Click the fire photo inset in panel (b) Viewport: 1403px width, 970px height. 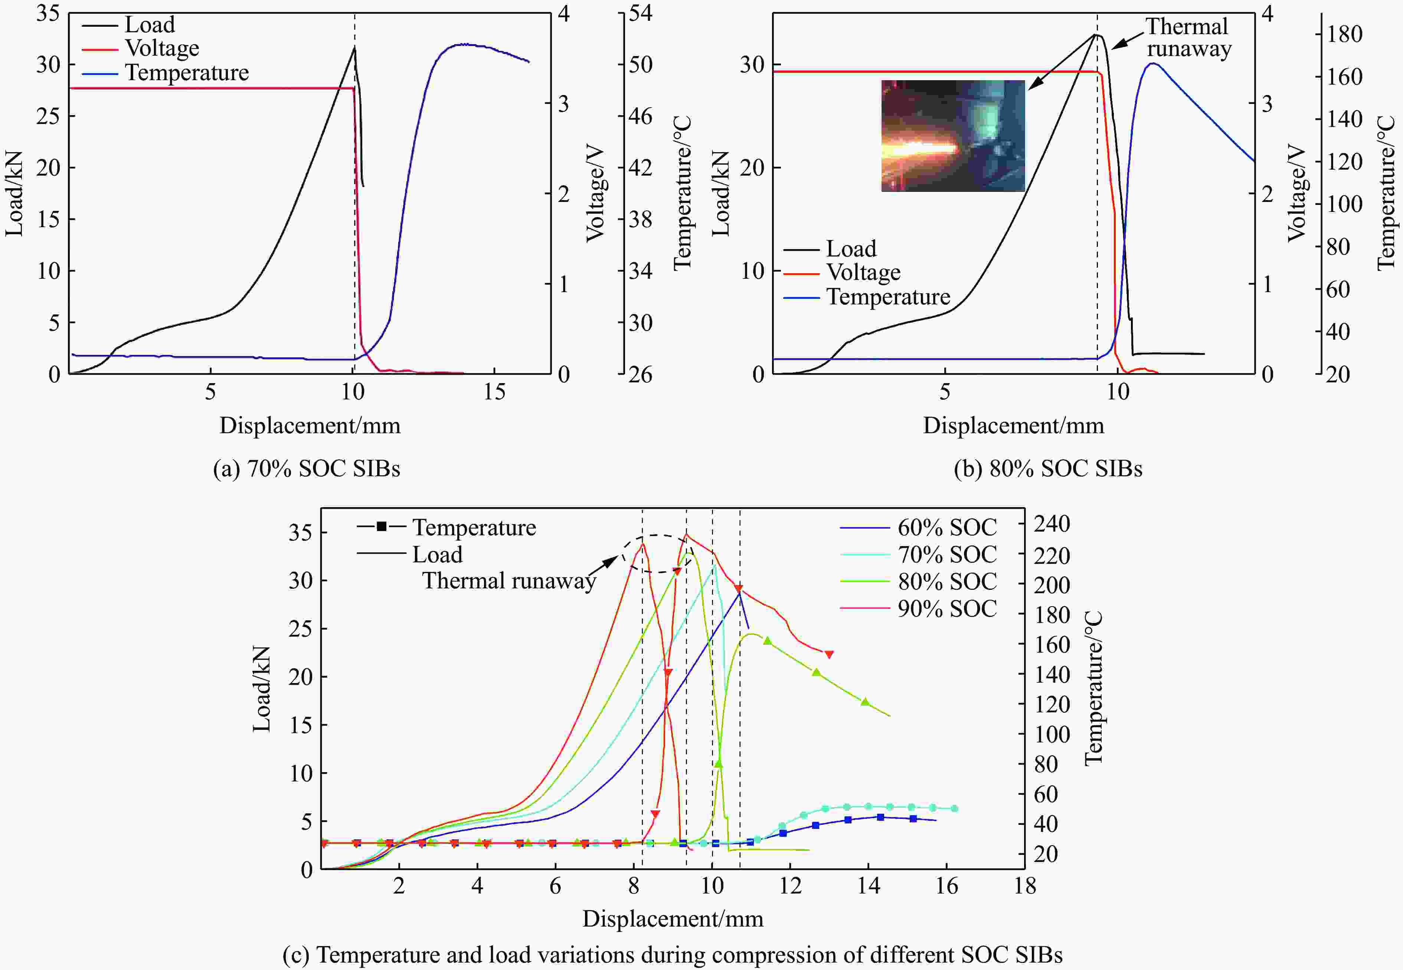[x=953, y=135]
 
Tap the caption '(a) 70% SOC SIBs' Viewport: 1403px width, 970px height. [x=306, y=468]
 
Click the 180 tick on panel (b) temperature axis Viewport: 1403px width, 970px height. [x=1344, y=34]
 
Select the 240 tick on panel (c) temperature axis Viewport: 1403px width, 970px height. [x=1052, y=524]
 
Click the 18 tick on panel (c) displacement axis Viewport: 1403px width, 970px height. [x=1025, y=886]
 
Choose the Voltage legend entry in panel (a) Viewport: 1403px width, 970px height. [x=161, y=48]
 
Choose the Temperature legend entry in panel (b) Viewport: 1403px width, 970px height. [x=888, y=297]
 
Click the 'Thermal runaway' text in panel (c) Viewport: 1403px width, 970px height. [x=508, y=581]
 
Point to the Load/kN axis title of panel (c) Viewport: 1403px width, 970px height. [x=261, y=689]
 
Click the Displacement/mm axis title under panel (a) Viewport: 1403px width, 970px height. [x=310, y=425]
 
